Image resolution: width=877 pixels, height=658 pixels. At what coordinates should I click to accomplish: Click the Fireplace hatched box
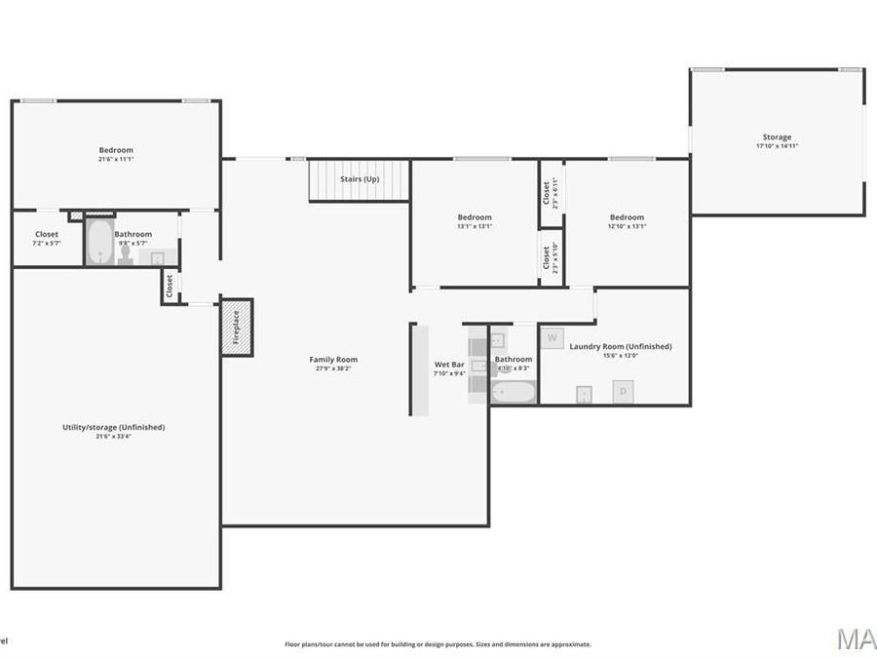[237, 327]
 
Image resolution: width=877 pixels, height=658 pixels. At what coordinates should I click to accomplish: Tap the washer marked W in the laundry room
[553, 338]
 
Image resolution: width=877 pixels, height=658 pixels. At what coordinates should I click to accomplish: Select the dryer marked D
[623, 391]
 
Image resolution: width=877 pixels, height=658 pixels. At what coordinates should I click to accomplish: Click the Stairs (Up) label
[360, 179]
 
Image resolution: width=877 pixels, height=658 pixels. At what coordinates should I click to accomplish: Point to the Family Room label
[334, 360]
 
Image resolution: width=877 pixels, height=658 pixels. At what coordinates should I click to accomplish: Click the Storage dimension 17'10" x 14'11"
[777, 146]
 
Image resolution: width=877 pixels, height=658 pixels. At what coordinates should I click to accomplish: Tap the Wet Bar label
[449, 364]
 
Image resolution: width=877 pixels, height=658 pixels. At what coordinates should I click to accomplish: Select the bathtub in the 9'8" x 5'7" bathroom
[98, 243]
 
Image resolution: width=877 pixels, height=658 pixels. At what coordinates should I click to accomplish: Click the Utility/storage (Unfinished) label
[114, 427]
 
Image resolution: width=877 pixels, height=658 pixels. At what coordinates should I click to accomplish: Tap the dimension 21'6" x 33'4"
[114, 437]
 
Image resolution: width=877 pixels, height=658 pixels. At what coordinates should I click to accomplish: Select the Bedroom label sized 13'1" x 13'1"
[475, 217]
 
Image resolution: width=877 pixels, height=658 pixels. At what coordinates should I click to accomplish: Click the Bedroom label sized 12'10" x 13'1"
[627, 217]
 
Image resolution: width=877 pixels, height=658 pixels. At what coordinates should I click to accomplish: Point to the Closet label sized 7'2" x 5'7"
[47, 235]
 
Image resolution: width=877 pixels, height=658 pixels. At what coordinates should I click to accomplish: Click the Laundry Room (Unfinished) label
[620, 346]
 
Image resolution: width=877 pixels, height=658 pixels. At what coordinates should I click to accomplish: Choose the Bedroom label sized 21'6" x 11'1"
[115, 150]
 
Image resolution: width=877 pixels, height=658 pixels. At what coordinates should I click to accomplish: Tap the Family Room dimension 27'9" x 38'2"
[334, 369]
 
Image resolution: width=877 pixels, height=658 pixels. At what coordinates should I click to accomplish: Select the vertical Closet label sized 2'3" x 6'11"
[546, 192]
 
